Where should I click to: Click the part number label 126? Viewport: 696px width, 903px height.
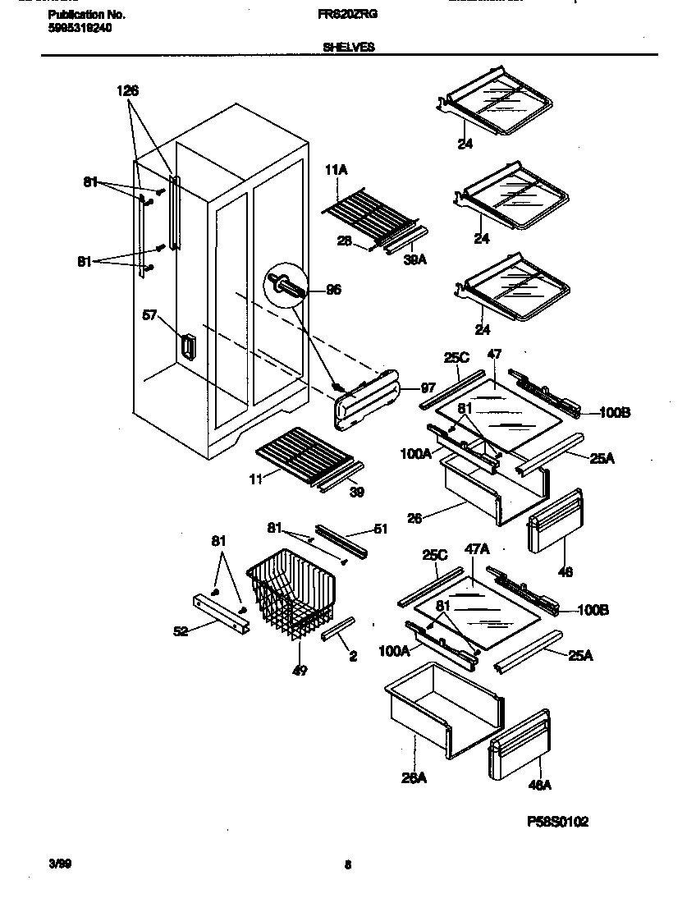(x=127, y=92)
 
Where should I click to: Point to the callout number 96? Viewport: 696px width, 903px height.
(x=333, y=289)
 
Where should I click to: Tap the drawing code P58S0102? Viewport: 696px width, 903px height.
(x=557, y=822)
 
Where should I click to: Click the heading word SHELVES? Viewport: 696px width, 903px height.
(x=348, y=48)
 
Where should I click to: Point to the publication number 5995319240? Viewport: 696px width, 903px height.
(x=80, y=27)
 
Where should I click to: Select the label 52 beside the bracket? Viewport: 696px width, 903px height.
(x=180, y=631)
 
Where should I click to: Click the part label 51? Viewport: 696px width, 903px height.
(x=379, y=529)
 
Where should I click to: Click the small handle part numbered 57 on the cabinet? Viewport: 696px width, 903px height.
(x=187, y=347)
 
